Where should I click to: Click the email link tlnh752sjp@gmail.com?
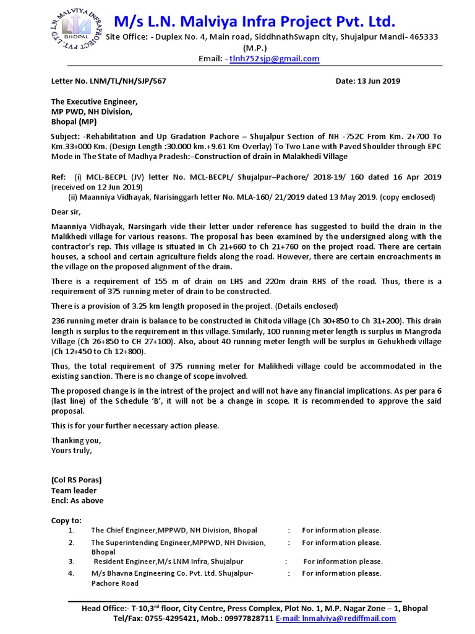point(275,59)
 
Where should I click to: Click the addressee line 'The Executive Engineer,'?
point(94,101)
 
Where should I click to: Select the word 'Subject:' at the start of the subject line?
point(67,136)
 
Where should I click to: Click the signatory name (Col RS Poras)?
point(76,480)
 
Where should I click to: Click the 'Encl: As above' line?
point(77,500)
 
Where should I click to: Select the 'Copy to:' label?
point(66,520)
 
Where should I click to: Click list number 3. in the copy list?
point(72,562)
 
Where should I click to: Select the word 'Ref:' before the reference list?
point(59,177)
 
